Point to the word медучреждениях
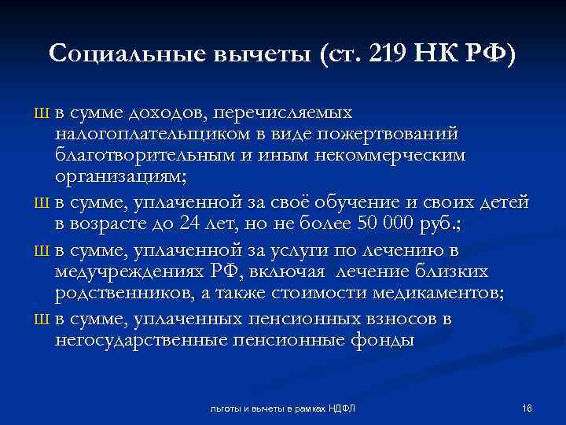tap(129, 272)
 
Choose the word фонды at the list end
tap(384, 341)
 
